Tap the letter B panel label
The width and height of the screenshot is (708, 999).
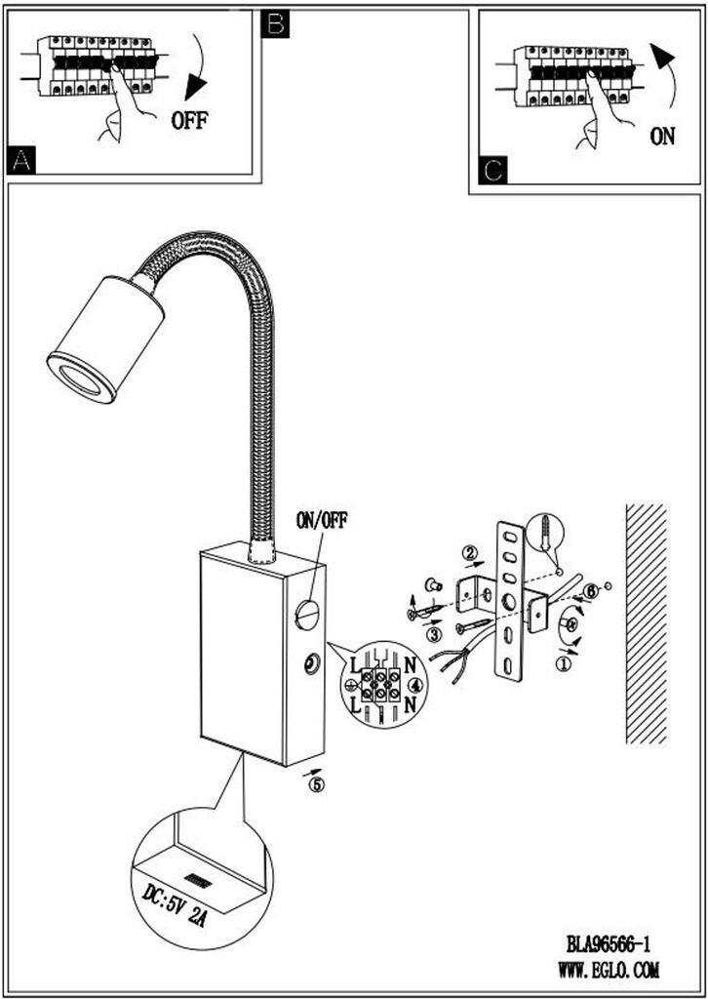(x=275, y=23)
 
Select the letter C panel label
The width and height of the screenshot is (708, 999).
(x=494, y=171)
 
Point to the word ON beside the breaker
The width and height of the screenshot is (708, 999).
(x=662, y=137)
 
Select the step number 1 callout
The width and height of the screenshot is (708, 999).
(x=563, y=664)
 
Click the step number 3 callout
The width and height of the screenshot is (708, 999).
(x=434, y=634)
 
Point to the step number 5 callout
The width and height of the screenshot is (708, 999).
(x=315, y=781)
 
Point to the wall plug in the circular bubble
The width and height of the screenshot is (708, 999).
(x=545, y=537)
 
